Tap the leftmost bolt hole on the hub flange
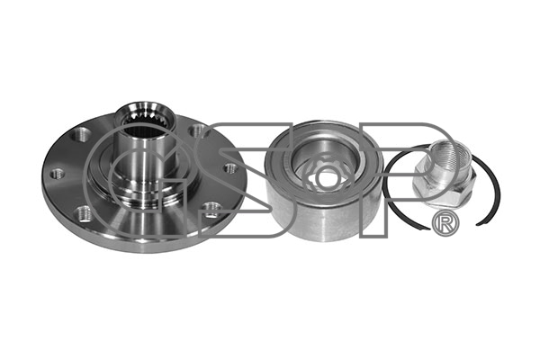57,174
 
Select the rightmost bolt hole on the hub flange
230,167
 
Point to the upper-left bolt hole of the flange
82,133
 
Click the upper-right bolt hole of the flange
197,130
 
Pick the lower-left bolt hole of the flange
84,213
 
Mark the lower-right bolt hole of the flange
211,209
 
